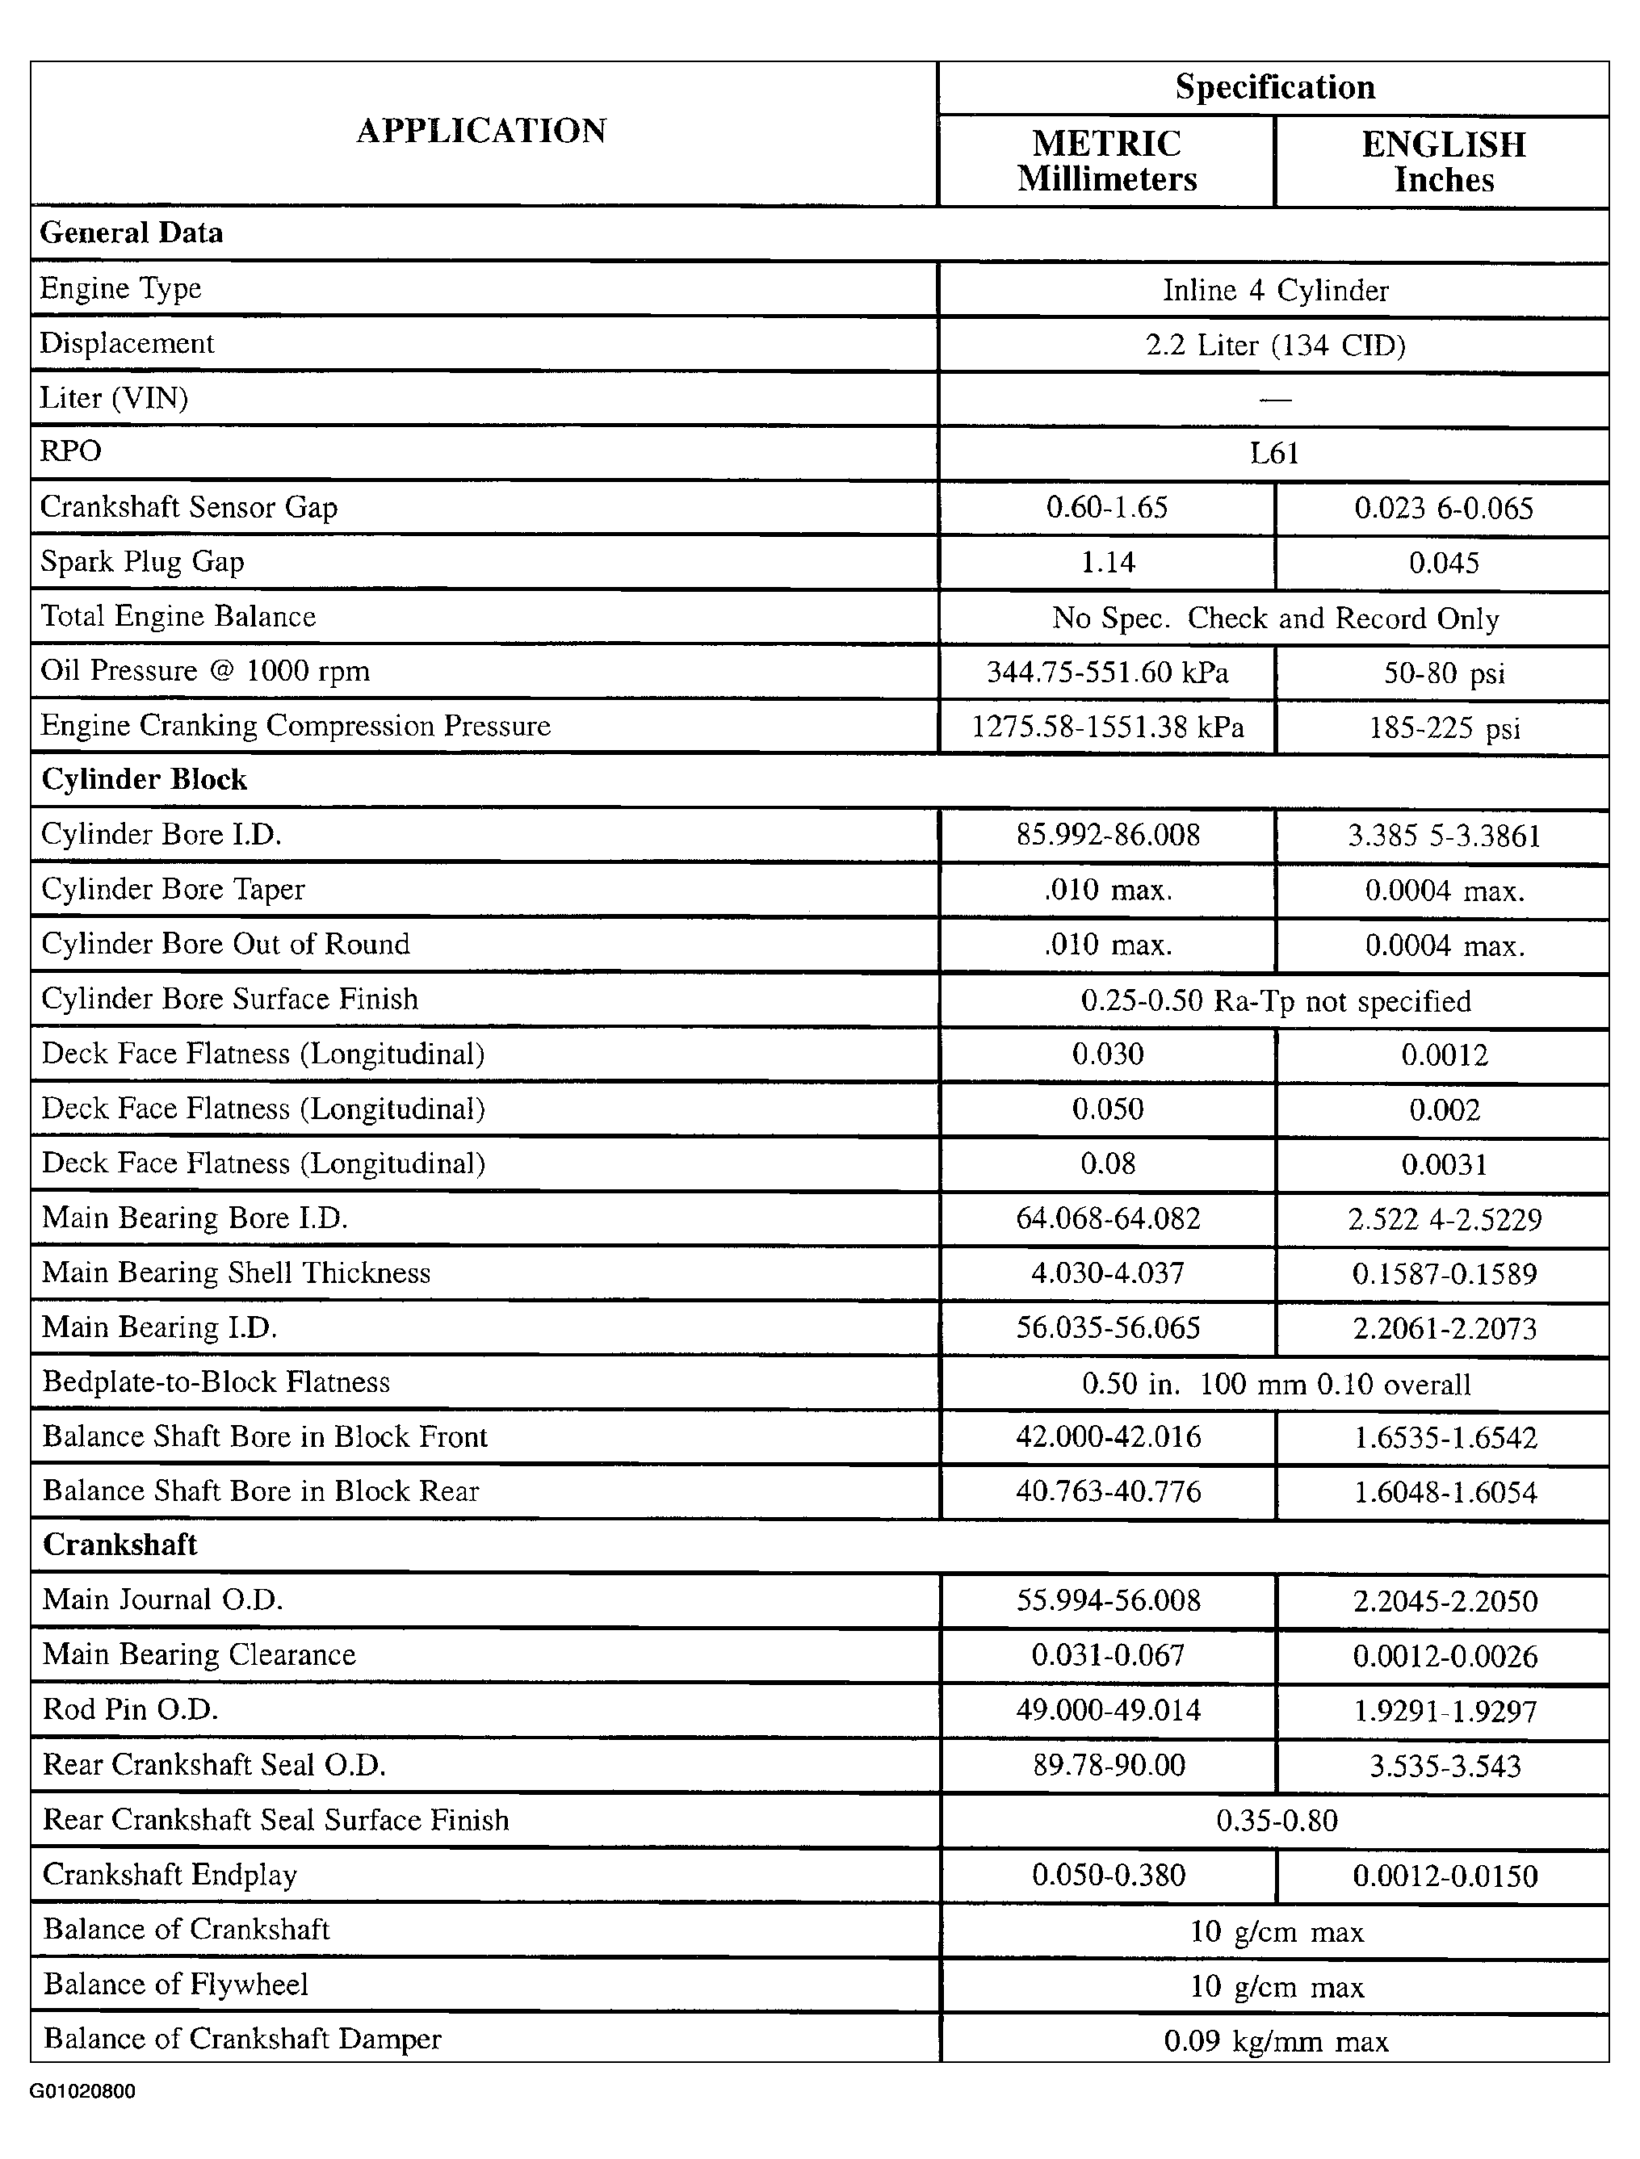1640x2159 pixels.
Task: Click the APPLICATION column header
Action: [x=481, y=131]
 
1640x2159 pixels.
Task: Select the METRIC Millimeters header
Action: [x=1107, y=161]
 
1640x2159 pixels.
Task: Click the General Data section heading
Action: [x=131, y=233]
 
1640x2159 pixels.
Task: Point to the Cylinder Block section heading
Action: [x=144, y=780]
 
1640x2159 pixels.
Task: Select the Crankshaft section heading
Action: [x=120, y=1545]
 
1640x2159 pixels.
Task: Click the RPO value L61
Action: [x=1274, y=453]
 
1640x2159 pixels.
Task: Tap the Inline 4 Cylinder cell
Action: [x=1274, y=290]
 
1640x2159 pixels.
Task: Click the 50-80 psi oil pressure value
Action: [x=1443, y=673]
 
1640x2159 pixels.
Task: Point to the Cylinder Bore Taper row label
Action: [x=173, y=889]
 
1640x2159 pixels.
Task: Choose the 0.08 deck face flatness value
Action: [x=1107, y=1163]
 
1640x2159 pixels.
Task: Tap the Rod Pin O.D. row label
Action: [x=130, y=1709]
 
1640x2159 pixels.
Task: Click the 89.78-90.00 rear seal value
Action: [x=1108, y=1765]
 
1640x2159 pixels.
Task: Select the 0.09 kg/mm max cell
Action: [x=1275, y=2041]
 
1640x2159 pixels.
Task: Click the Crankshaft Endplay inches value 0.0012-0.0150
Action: [x=1444, y=1875]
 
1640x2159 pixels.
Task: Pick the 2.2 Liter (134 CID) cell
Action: [x=1274, y=345]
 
